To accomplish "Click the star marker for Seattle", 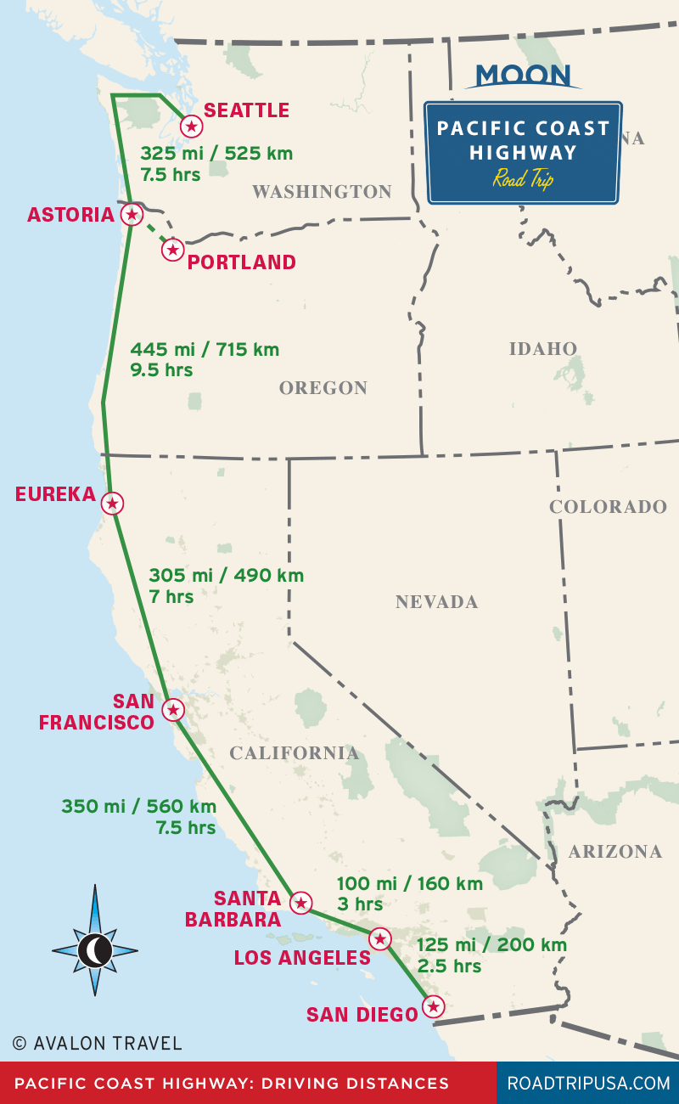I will tap(192, 127).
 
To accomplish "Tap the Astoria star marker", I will tap(132, 214).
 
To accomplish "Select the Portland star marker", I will tap(173, 250).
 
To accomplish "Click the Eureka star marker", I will tap(112, 503).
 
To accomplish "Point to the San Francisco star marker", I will tap(173, 709).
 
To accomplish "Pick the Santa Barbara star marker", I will tap(300, 902).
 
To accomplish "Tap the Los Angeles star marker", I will tap(380, 938).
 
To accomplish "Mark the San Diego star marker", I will tap(434, 1007).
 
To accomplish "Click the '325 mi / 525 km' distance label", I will tap(216, 154).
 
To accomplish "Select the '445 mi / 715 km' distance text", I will tap(205, 349).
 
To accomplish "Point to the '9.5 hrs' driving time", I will tap(161, 370).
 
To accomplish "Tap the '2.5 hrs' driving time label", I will tap(449, 966).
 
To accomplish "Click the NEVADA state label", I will tap(436, 602).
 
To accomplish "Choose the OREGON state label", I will tap(323, 388).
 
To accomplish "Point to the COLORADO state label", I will tap(608, 507).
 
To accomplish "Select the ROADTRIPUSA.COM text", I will tap(588, 1083).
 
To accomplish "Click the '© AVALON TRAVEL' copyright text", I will tap(97, 1042).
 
